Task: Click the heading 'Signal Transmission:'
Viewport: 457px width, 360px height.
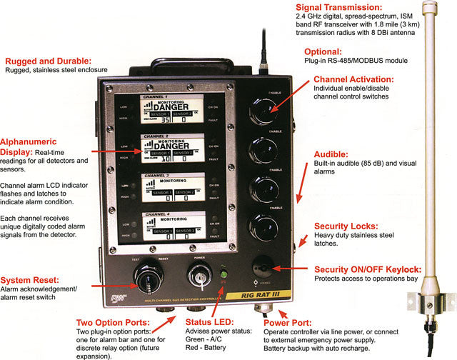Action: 338,7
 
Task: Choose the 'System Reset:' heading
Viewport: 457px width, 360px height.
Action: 36,279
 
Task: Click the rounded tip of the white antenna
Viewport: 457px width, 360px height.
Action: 429,9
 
